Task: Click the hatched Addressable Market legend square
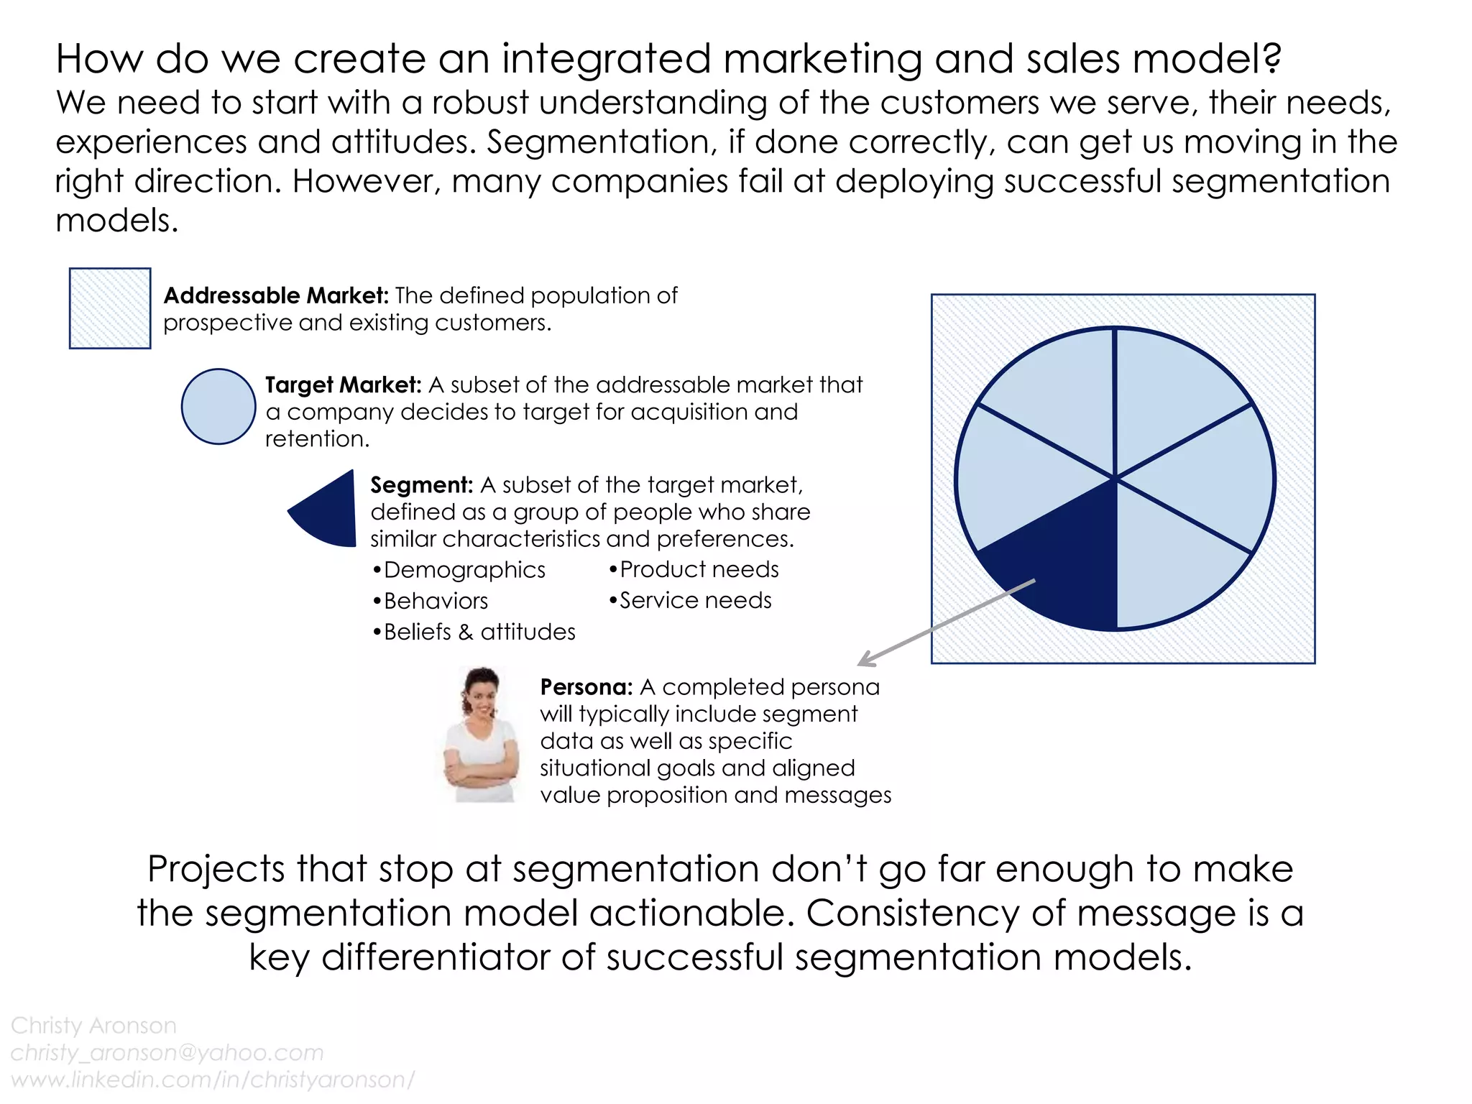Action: pos(110,308)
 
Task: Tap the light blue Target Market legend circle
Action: pos(218,407)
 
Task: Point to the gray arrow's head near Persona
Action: pos(863,662)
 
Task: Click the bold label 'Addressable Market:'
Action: pos(276,295)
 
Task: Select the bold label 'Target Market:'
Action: pos(343,385)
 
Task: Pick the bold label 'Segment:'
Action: pos(421,485)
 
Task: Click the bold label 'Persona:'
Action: pos(586,687)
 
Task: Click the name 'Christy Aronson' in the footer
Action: pos(93,1026)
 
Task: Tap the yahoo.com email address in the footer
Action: pos(167,1052)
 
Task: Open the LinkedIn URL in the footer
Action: pos(213,1080)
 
